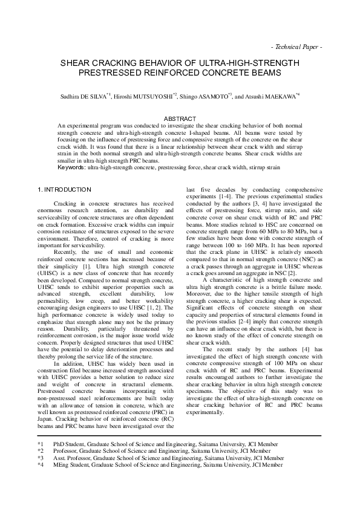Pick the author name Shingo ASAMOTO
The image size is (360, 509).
pos(203,96)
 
